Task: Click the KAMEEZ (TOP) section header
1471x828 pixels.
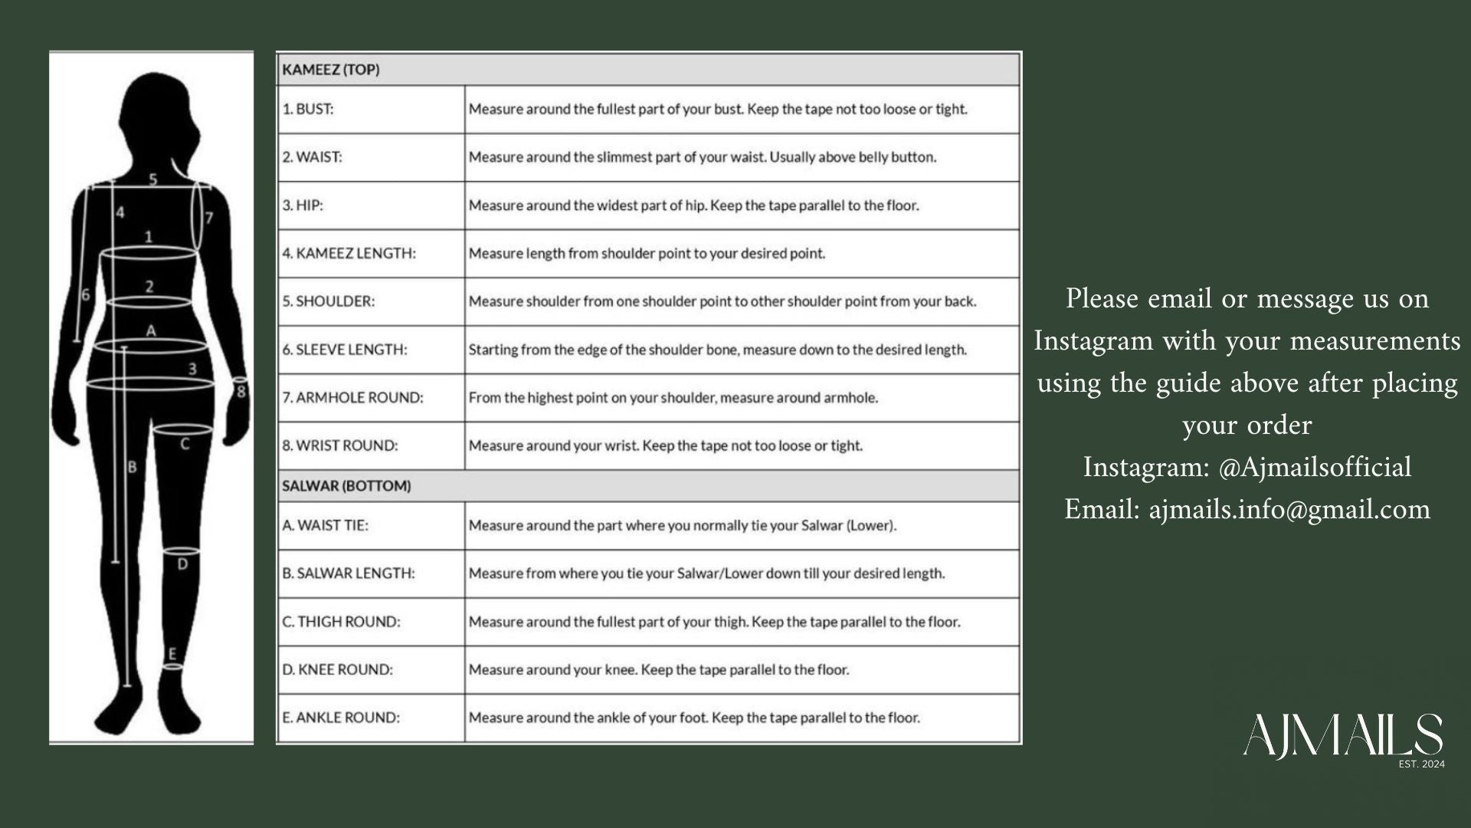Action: click(331, 70)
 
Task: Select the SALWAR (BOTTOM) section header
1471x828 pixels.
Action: click(346, 486)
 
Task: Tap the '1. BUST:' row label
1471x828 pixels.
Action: click(308, 109)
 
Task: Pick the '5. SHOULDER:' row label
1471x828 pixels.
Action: click(329, 301)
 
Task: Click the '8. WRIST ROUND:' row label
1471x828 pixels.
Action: click(340, 445)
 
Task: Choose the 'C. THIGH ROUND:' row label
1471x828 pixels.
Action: click(341, 622)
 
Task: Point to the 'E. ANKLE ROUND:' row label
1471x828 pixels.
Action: click(341, 718)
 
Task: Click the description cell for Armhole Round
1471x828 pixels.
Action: click(673, 398)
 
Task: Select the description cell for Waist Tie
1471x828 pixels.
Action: click(683, 526)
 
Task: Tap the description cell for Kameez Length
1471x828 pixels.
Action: click(647, 254)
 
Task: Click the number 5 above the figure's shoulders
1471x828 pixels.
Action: click(153, 179)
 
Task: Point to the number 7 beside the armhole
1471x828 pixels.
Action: click(209, 218)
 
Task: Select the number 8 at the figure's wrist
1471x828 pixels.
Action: click(241, 392)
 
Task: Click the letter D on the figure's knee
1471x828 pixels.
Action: click(182, 565)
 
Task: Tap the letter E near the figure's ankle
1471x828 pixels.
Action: click(172, 653)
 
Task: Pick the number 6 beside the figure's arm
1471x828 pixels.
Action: click(85, 294)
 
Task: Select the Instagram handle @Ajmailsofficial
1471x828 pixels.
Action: click(1314, 467)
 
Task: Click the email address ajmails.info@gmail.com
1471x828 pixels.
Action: click(1289, 509)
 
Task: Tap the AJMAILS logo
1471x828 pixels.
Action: click(1343, 737)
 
